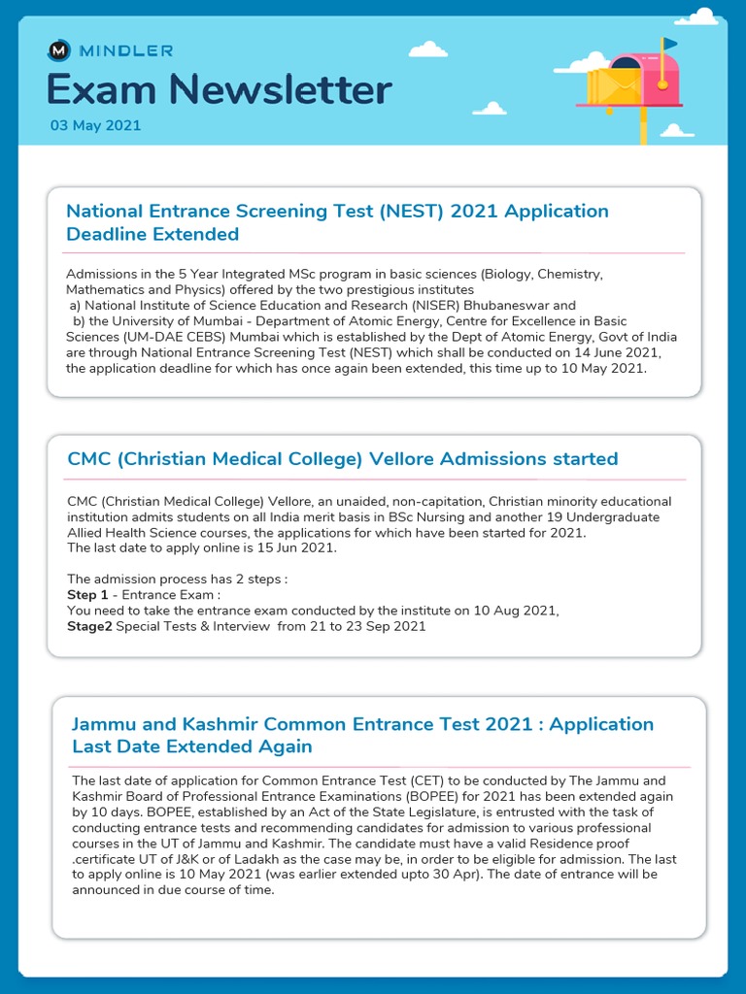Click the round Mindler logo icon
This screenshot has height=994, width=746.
58,50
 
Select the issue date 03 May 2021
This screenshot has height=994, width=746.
95,125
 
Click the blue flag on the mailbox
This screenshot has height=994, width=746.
670,44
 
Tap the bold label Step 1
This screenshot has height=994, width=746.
87,594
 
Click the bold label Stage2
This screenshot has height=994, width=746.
89,626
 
